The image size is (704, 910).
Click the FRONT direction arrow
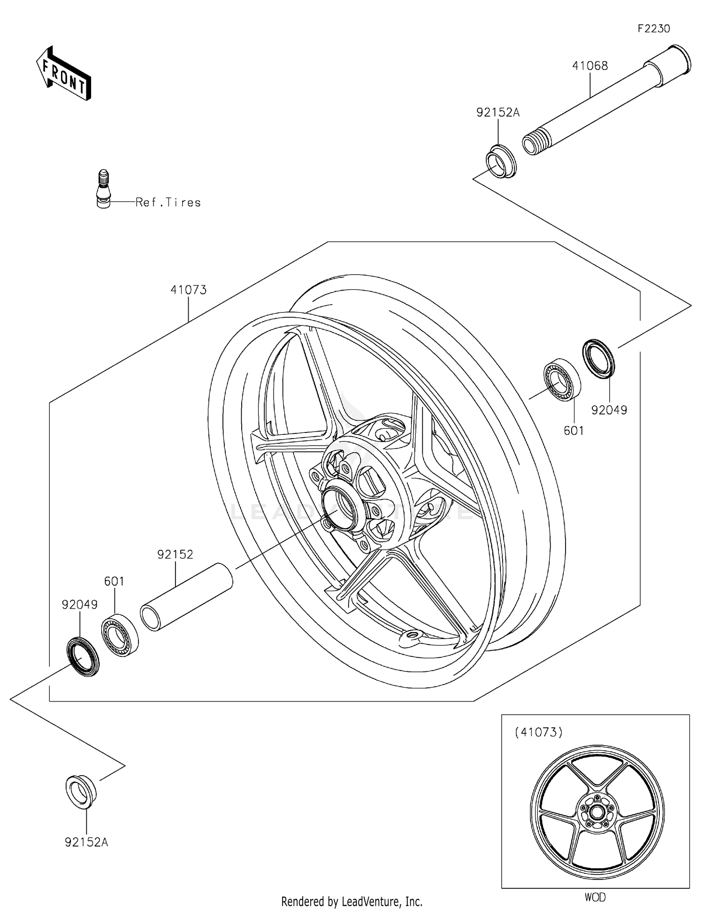[x=63, y=73]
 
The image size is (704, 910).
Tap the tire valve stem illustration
[x=103, y=189]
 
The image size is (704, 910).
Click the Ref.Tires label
[x=168, y=202]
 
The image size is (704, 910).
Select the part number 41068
[x=589, y=66]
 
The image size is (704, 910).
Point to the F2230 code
[x=653, y=29]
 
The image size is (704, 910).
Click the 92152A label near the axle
[x=497, y=112]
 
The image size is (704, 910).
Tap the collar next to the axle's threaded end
[x=501, y=162]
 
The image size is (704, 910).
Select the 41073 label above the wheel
[x=188, y=290]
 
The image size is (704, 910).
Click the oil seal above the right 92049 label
[x=599, y=358]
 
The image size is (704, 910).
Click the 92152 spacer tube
[x=186, y=597]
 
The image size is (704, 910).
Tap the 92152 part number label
[x=175, y=555]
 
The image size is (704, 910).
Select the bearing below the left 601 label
[x=120, y=634]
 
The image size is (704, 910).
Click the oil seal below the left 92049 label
[x=82, y=656]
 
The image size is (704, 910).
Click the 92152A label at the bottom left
[x=86, y=842]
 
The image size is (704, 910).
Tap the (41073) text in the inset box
[x=538, y=732]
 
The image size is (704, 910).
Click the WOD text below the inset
[x=595, y=897]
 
